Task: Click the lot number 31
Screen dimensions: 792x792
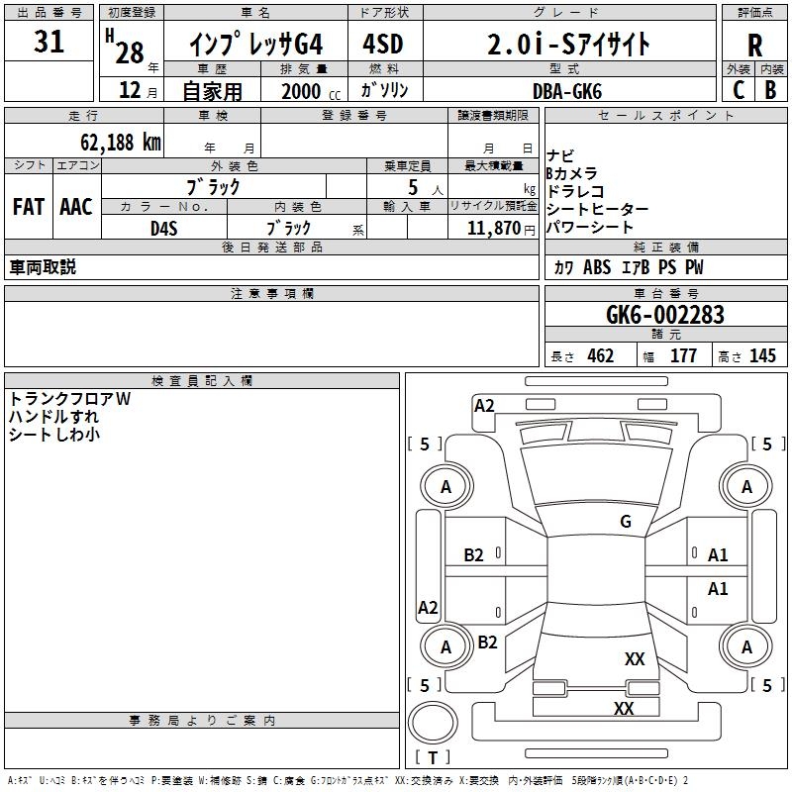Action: click(x=49, y=42)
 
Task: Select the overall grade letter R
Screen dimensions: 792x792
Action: click(x=754, y=46)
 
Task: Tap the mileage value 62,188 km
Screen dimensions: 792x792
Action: click(x=121, y=143)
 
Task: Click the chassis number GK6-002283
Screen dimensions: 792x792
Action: click(x=664, y=315)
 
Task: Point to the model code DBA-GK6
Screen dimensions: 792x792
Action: click(x=567, y=91)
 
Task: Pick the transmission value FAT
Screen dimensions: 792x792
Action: click(x=29, y=207)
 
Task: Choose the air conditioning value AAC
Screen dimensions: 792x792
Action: click(x=76, y=207)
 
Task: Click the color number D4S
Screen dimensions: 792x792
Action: click(x=164, y=229)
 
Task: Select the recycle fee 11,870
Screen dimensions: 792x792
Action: click(x=493, y=229)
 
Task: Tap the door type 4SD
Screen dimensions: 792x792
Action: click(x=383, y=44)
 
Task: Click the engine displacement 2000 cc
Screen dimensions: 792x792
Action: click(x=311, y=91)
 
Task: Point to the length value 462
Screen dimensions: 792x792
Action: click(x=600, y=355)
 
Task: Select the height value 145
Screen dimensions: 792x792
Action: click(x=762, y=355)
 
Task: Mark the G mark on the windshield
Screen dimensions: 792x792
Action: click(x=626, y=522)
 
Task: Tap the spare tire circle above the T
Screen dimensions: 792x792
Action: click(x=433, y=722)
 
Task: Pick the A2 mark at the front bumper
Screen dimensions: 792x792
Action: click(x=484, y=406)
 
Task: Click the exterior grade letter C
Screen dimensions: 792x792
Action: click(x=739, y=90)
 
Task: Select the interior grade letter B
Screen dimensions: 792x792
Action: click(x=770, y=90)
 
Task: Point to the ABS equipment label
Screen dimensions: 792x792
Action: click(x=597, y=267)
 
